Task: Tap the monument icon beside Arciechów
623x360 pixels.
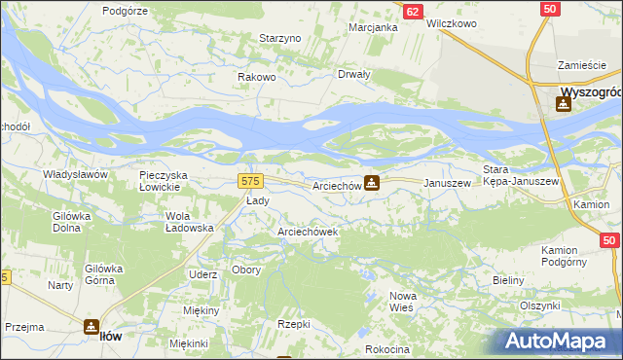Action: pyautogui.click(x=372, y=183)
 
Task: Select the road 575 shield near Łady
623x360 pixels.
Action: pyautogui.click(x=250, y=181)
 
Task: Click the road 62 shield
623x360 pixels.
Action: pyautogui.click(x=414, y=11)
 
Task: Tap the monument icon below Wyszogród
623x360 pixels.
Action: pyautogui.click(x=564, y=106)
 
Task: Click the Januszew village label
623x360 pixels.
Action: pyautogui.click(x=447, y=183)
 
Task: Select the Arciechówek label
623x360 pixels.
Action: pyautogui.click(x=308, y=233)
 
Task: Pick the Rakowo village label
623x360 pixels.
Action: pyautogui.click(x=258, y=77)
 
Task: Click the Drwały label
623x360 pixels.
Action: pyautogui.click(x=353, y=74)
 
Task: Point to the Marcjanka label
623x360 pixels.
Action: pyautogui.click(x=374, y=27)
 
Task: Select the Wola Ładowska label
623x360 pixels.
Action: pyautogui.click(x=190, y=221)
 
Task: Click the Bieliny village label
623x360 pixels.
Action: pyautogui.click(x=508, y=280)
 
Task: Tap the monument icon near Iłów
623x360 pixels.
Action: pyautogui.click(x=90, y=327)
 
